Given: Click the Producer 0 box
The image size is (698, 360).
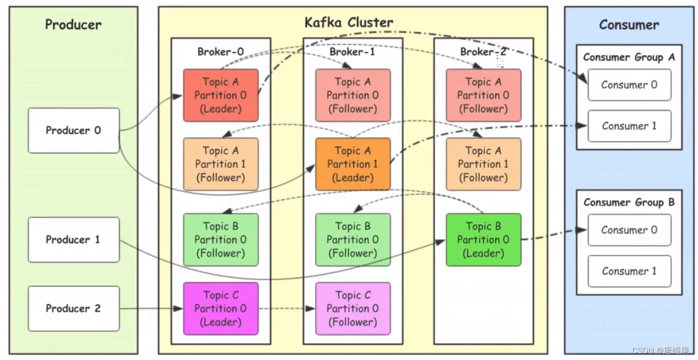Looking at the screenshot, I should (73, 130).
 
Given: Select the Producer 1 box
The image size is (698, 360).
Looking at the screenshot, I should (73, 240).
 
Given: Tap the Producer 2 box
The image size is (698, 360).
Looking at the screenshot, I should (73, 308).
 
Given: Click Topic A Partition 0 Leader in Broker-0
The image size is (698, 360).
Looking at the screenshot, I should (220, 95).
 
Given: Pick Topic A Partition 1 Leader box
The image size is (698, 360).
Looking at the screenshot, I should (352, 164).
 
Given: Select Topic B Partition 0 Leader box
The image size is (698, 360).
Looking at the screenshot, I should (483, 240).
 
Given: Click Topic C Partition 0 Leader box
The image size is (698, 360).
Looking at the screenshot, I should (220, 308).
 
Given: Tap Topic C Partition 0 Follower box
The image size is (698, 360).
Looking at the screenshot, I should (352, 308).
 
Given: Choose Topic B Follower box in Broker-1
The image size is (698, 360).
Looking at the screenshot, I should (352, 240).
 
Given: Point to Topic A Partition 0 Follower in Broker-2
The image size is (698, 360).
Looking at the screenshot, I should (483, 95).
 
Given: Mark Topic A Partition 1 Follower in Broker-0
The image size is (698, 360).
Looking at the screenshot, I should (220, 164).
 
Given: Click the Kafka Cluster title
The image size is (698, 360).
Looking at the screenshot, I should (349, 23).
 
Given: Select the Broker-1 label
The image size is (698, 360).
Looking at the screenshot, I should (352, 52).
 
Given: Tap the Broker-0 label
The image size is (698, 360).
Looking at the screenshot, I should (220, 52).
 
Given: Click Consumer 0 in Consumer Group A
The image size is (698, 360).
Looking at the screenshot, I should (629, 85).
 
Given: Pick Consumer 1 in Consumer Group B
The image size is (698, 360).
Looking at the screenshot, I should (629, 271).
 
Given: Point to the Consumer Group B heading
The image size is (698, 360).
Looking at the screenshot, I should (629, 202).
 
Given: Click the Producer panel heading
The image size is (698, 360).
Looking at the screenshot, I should (73, 24).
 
